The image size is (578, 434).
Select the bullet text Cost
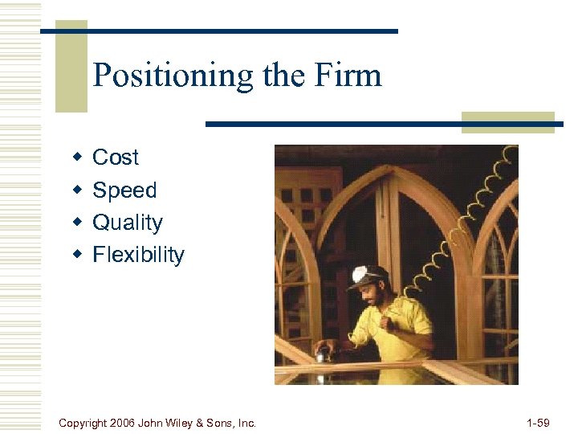pyautogui.click(x=116, y=158)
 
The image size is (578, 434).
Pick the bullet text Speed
pyautogui.click(x=124, y=190)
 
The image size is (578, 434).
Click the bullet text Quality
pyautogui.click(x=128, y=223)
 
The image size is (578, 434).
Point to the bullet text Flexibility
pyautogui.click(x=138, y=255)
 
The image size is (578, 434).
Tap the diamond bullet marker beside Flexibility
pyautogui.click(x=77, y=254)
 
